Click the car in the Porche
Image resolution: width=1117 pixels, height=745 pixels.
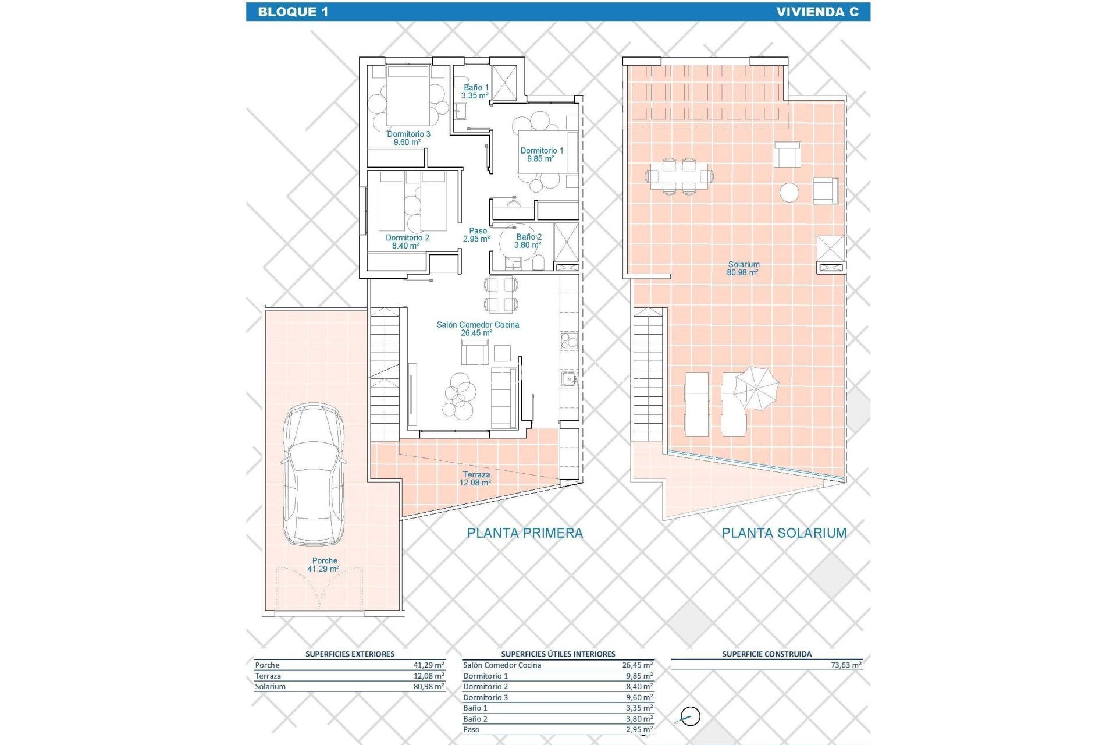314,474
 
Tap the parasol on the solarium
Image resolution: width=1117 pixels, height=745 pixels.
756,388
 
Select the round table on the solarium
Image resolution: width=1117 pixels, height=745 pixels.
789,192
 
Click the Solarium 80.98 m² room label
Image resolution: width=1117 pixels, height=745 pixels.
743,268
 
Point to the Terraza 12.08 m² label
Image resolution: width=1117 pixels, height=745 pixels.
475,478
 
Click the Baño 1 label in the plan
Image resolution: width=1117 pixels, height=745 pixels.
475,91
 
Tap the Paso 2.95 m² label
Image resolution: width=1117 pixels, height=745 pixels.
477,235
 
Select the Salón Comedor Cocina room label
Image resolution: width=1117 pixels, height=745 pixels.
478,329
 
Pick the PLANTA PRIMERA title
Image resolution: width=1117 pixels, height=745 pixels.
525,533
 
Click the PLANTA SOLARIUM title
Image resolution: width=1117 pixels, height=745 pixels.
784,533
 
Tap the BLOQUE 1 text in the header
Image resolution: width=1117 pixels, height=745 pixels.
293,12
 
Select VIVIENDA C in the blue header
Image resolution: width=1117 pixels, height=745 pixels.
817,12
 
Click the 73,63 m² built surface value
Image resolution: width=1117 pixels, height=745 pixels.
846,665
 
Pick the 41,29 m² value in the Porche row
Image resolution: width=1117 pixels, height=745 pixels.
429,665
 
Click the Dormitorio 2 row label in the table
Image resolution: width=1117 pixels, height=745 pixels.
485,687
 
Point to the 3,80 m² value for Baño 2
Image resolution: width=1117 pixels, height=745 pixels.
639,719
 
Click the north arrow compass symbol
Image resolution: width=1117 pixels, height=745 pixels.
690,716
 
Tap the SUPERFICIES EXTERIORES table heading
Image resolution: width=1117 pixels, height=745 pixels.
350,654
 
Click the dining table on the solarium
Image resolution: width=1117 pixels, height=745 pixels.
679,175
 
